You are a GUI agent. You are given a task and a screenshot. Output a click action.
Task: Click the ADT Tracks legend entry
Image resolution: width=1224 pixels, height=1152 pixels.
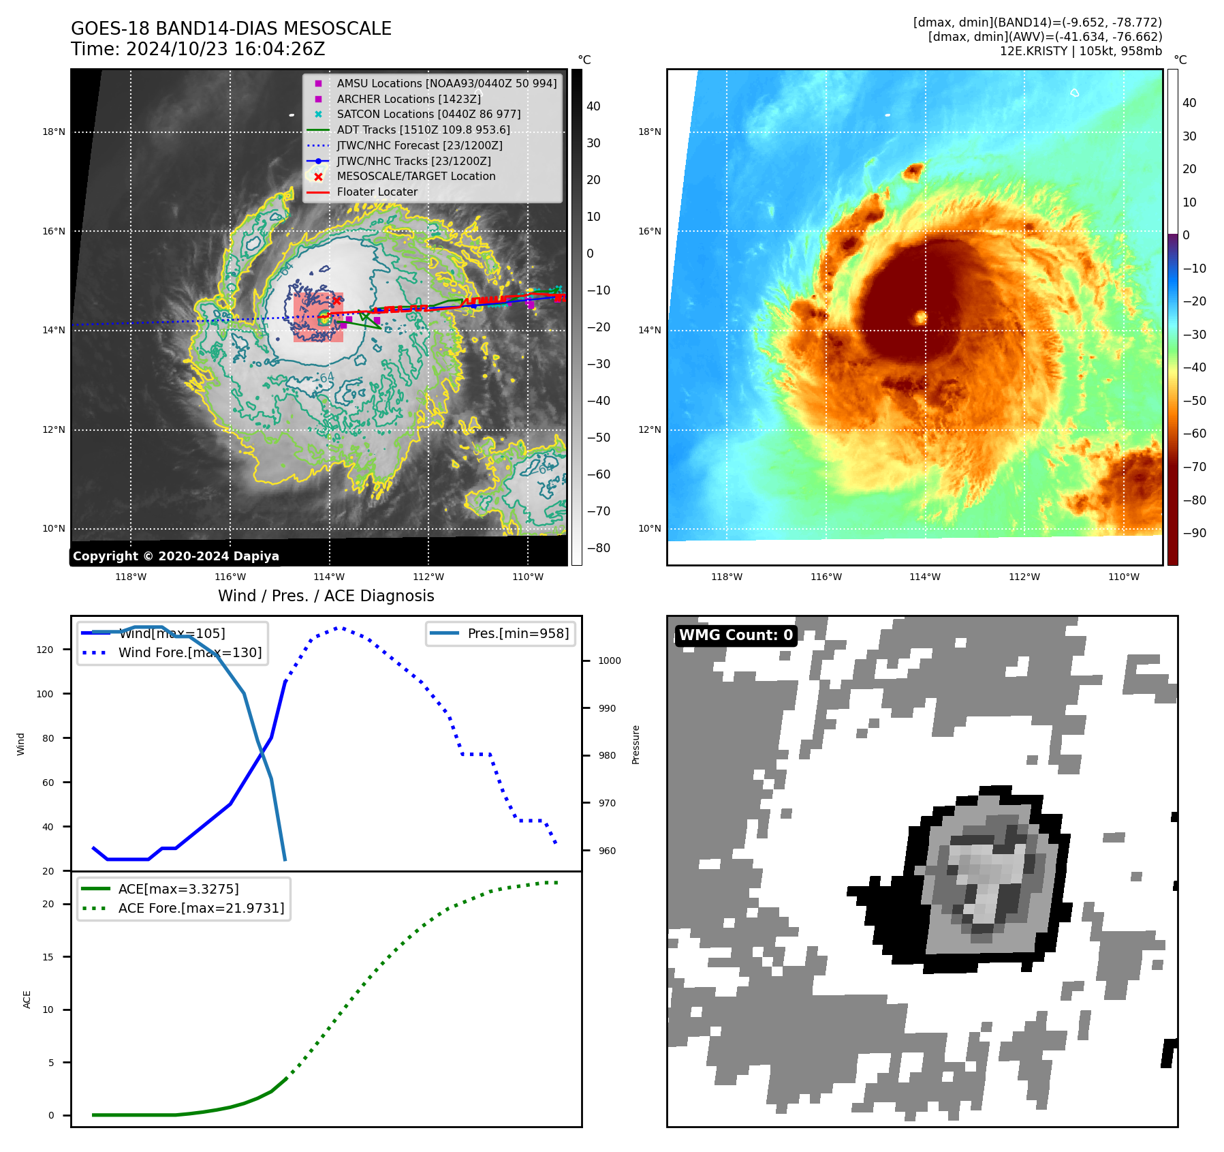click(423, 130)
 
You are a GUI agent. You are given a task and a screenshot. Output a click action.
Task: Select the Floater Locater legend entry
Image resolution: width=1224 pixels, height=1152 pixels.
click(377, 192)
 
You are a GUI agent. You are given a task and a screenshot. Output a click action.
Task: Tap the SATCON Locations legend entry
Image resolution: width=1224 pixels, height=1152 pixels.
click(428, 114)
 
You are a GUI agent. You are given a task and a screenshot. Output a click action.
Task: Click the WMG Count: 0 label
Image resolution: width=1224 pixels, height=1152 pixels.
click(736, 635)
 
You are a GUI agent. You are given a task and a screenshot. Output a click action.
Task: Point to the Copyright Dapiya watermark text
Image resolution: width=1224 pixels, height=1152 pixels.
click(176, 556)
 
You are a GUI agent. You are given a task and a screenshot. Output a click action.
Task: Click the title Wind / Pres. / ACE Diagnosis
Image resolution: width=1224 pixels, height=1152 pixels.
click(326, 596)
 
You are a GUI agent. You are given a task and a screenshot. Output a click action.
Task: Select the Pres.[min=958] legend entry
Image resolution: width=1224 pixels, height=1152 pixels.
click(518, 633)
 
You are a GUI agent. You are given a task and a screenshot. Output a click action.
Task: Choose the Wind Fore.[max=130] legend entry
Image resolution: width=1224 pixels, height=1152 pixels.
click(189, 652)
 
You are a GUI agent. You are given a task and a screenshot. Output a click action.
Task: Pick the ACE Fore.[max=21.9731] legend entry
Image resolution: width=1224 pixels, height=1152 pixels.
click(201, 908)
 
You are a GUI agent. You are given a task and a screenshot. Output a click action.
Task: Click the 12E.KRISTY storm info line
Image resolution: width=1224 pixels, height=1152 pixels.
click(1080, 51)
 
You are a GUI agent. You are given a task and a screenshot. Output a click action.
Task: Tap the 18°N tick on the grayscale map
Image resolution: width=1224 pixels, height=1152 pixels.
click(54, 132)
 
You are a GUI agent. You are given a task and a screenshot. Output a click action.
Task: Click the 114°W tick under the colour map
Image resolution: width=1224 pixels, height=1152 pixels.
click(924, 577)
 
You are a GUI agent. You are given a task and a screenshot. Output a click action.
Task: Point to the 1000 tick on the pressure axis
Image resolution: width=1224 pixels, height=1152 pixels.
click(609, 661)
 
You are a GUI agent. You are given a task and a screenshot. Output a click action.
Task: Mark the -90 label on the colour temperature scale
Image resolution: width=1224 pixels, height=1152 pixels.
click(1194, 533)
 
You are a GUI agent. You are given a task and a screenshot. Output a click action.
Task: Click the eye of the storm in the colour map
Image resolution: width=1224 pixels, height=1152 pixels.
click(921, 318)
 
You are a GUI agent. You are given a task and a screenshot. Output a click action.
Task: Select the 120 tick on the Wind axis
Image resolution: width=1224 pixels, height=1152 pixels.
click(45, 650)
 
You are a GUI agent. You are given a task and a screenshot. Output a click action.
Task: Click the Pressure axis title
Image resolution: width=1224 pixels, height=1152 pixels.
click(635, 744)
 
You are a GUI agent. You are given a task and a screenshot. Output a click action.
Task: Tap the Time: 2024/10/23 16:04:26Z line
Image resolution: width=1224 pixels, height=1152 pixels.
click(198, 49)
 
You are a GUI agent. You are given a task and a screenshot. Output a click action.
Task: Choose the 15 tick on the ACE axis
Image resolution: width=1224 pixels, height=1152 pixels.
click(48, 957)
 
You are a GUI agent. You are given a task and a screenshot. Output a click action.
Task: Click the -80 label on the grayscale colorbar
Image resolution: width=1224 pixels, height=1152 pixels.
click(598, 548)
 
